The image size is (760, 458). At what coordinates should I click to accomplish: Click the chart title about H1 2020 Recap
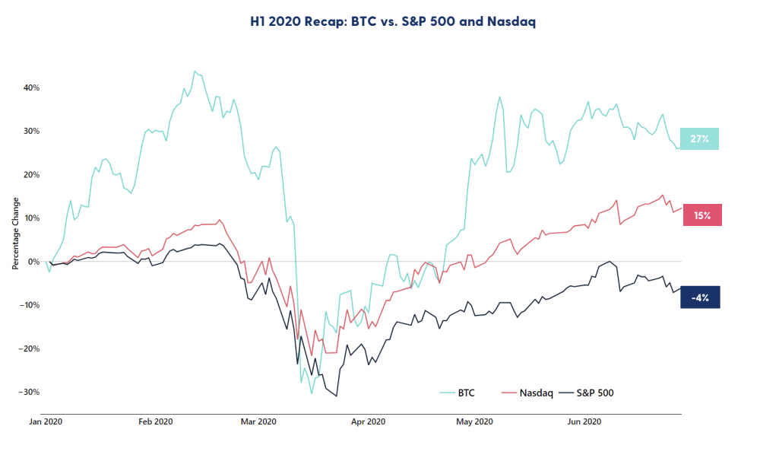[380, 22]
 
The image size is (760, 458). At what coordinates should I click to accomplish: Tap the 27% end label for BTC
[699, 138]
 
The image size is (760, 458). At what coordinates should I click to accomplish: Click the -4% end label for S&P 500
[700, 297]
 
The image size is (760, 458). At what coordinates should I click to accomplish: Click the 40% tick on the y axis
[31, 87]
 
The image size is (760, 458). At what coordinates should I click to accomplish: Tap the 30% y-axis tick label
[31, 131]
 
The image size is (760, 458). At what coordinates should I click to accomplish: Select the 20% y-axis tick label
[31, 174]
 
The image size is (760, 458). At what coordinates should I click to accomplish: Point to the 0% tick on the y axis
[33, 262]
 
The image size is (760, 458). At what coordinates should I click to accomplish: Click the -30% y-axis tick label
[30, 393]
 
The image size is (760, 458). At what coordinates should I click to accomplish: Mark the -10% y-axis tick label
[30, 305]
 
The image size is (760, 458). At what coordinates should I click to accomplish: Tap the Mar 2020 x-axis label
[258, 421]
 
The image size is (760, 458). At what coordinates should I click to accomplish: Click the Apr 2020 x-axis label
[369, 421]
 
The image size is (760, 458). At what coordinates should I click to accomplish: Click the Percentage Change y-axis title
[14, 234]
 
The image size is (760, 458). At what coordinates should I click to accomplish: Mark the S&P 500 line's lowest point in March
[336, 396]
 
